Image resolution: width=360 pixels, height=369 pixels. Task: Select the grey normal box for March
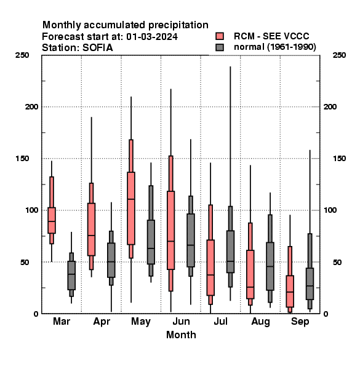pyautogui.click(x=71, y=276)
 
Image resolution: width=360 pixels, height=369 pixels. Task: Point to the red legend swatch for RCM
pyautogui.click(x=220, y=36)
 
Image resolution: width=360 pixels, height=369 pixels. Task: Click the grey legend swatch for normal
pyautogui.click(x=220, y=47)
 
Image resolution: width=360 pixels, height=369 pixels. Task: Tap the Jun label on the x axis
pyautogui.click(x=181, y=322)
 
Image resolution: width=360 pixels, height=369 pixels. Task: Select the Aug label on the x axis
pyautogui.click(x=261, y=322)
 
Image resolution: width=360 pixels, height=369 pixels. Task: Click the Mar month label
pyautogui.click(x=62, y=322)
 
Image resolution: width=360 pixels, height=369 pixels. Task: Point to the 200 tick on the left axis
pyautogui.click(x=32, y=107)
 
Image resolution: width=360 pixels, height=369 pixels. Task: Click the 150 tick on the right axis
pyautogui.click(x=339, y=159)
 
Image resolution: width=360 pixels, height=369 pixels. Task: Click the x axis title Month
pyautogui.click(x=181, y=335)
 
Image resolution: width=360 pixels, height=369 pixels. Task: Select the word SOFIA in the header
pyautogui.click(x=98, y=48)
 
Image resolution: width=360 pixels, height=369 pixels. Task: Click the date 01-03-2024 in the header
pyautogui.click(x=152, y=37)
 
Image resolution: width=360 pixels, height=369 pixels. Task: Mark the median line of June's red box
pyautogui.click(x=171, y=241)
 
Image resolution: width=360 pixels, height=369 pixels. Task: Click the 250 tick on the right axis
pyautogui.click(x=339, y=55)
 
